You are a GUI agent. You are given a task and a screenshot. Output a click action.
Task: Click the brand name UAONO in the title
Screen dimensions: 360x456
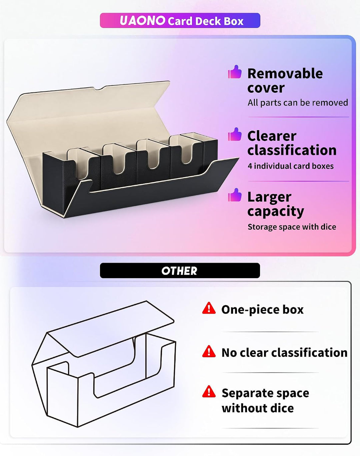pos(143,21)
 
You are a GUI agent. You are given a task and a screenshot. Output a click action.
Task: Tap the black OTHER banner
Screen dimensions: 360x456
pos(180,271)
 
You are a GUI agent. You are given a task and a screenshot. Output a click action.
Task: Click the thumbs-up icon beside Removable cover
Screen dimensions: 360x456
pos(235,72)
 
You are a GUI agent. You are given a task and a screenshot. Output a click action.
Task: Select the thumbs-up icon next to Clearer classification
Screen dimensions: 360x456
pos(235,134)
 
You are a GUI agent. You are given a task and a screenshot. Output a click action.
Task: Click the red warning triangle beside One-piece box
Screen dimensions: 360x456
pos(209,308)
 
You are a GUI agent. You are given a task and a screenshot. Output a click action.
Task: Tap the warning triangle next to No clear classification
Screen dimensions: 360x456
pos(209,351)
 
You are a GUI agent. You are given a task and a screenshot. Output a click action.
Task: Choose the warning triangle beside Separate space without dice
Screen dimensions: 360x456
pos(209,391)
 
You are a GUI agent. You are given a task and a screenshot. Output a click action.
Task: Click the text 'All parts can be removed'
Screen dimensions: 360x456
pos(298,103)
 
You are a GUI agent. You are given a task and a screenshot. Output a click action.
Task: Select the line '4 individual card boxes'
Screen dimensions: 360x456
pos(291,166)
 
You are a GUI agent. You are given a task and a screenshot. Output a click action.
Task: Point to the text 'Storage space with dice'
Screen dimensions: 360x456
pos(292,227)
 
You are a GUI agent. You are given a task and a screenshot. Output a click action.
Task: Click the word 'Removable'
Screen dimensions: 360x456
pos(285,73)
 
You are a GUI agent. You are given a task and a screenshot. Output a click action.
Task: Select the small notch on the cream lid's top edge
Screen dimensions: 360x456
pos(100,88)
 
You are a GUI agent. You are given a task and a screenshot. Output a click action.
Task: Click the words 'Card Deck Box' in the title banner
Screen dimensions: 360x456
pos(206,21)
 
